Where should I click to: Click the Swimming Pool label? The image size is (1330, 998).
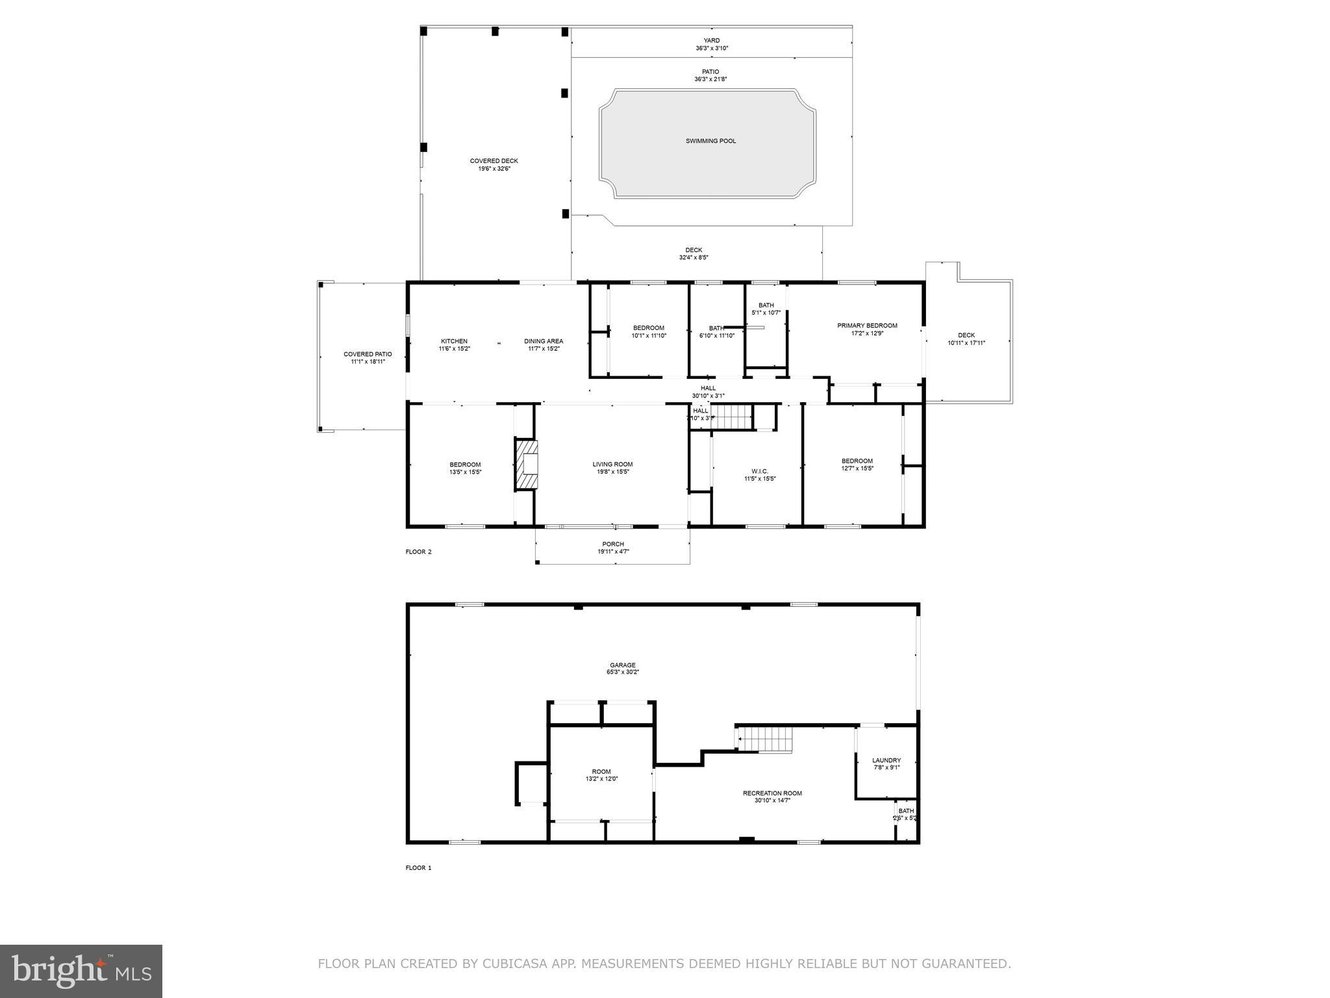[x=710, y=141]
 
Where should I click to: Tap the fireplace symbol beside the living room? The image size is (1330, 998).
[x=527, y=465]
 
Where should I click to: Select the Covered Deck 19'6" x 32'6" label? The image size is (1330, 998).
[x=494, y=164]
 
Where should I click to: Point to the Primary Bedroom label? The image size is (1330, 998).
[x=867, y=329]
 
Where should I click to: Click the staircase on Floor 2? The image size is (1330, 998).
[x=731, y=416]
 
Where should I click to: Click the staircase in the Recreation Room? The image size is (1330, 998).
[x=767, y=739]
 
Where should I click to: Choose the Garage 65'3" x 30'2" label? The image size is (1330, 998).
[x=622, y=669]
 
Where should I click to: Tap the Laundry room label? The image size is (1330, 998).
[x=886, y=763]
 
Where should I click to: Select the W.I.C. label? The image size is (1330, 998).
[x=759, y=475]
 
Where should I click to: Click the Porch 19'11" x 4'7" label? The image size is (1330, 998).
[x=613, y=548]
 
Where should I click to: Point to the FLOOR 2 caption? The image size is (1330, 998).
[x=418, y=552]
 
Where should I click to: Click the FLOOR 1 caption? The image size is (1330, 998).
[x=418, y=868]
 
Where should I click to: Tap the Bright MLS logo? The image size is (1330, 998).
[x=81, y=971]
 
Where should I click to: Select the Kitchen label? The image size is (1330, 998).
[x=454, y=344]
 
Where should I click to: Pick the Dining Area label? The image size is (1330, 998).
[x=544, y=344]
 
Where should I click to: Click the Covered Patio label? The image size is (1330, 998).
[x=368, y=357]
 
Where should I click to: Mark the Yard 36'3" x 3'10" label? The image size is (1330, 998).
[x=711, y=44]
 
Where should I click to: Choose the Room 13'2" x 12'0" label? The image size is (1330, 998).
[x=601, y=775]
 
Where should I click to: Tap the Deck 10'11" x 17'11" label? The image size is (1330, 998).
[x=966, y=339]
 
